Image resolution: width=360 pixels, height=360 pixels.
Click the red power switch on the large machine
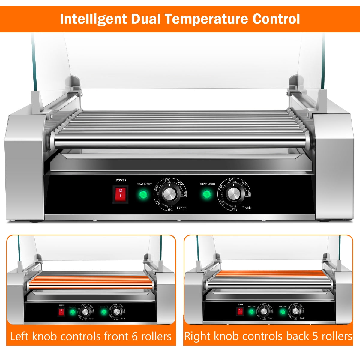click(120, 194)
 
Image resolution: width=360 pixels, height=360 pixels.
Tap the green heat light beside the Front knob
click(143, 195)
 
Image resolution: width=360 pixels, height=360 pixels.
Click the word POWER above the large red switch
click(121, 180)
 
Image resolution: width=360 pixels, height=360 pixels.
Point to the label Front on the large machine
click(181, 208)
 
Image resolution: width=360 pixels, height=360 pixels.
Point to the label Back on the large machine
click(246, 208)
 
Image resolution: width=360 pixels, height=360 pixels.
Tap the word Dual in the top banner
click(146, 19)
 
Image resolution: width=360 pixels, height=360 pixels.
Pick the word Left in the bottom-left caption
click(20, 337)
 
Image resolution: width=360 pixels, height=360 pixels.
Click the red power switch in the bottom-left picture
click(61, 312)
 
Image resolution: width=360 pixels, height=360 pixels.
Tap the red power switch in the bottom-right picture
click(240, 311)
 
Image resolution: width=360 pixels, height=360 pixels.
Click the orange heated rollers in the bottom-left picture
click(90, 282)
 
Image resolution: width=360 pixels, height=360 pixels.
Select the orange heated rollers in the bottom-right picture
click(270, 273)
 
